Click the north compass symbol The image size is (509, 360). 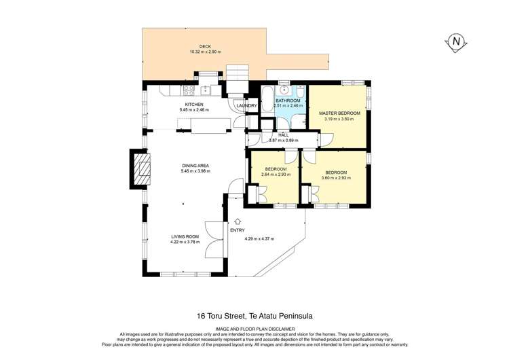(456, 41)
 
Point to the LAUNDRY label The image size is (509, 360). (246, 105)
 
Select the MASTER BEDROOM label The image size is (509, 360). (339, 113)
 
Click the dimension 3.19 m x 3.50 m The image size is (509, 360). (339, 119)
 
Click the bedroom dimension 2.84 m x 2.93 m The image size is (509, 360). (276, 174)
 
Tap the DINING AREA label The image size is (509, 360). (195, 165)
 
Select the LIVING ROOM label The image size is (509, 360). (184, 236)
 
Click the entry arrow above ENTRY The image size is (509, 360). (237, 221)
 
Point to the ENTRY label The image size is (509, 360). (238, 230)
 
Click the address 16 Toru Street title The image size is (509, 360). (254, 314)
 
